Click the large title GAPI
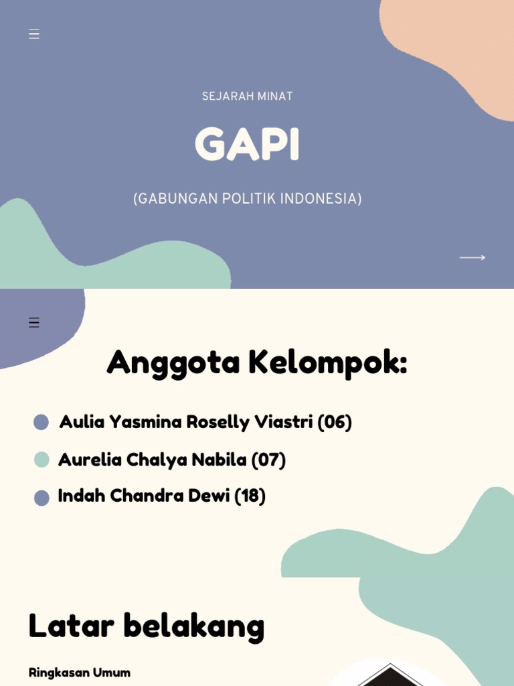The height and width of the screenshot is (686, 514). [247, 145]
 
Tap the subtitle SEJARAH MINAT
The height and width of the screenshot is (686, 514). [247, 96]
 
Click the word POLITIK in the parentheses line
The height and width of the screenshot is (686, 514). [249, 199]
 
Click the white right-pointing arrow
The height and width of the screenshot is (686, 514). [472, 257]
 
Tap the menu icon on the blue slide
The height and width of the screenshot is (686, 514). [34, 34]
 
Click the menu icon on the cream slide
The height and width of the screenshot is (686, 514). [34, 323]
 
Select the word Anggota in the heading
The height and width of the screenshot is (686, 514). [173, 362]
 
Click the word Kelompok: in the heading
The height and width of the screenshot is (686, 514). [327, 362]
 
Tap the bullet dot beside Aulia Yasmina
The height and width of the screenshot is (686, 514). [41, 422]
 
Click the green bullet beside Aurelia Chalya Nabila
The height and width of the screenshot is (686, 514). [41, 460]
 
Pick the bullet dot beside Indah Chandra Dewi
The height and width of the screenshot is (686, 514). [41, 498]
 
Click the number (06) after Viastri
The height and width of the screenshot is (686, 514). [335, 422]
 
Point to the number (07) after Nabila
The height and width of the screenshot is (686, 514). [268, 460]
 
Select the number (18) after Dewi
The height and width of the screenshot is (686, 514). [250, 496]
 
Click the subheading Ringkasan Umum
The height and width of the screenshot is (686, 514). [79, 672]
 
